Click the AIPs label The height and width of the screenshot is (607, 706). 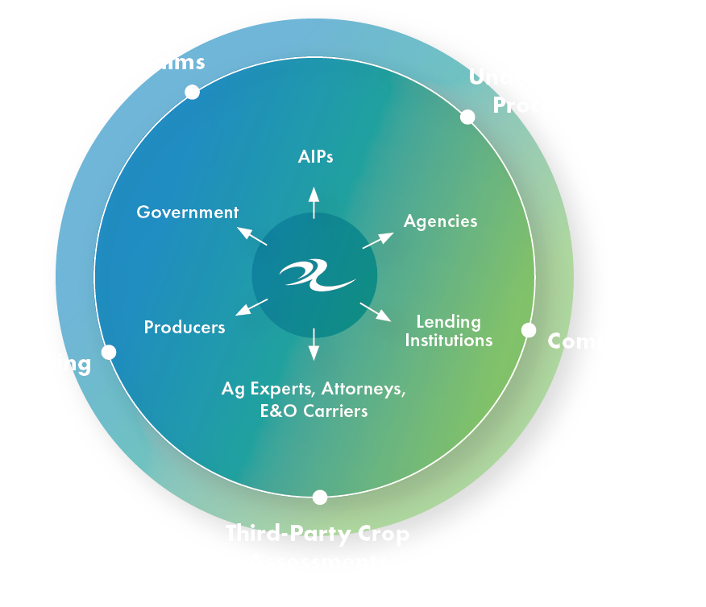point(314,157)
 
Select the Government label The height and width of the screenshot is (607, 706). point(187,213)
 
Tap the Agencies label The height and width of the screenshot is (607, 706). point(440,221)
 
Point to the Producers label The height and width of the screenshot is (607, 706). point(185,328)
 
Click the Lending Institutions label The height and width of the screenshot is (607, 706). point(448,331)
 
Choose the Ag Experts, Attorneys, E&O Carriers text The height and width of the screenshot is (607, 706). point(314,399)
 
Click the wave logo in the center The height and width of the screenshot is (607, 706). point(317,276)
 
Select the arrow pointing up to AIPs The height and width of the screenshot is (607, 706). point(314,202)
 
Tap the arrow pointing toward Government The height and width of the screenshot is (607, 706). point(251,236)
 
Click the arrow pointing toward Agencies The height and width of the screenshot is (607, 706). point(378,240)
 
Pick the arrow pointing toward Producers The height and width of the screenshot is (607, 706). point(251,307)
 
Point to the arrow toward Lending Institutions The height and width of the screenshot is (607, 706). point(376,312)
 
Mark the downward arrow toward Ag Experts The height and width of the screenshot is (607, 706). point(314,344)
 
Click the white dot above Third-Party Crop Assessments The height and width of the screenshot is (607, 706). point(320,497)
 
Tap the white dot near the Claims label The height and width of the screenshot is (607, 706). point(192,92)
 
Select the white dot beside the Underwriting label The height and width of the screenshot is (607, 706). point(467,117)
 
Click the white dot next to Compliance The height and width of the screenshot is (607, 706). point(529,330)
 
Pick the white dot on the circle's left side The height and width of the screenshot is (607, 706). point(109,352)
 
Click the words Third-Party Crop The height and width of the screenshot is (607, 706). point(318,534)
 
